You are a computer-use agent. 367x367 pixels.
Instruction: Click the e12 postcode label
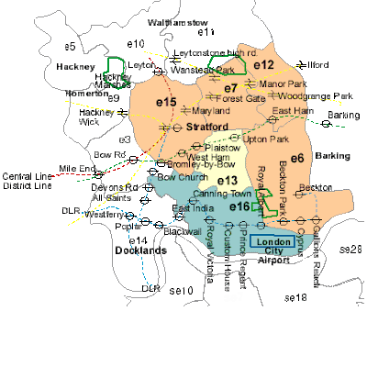[264, 64]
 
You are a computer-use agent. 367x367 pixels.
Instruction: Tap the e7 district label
[231, 88]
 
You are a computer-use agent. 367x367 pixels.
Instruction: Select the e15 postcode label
[166, 103]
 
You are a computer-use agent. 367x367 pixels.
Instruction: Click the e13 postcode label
[228, 180]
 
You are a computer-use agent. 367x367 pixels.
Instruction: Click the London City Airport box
[273, 241]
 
